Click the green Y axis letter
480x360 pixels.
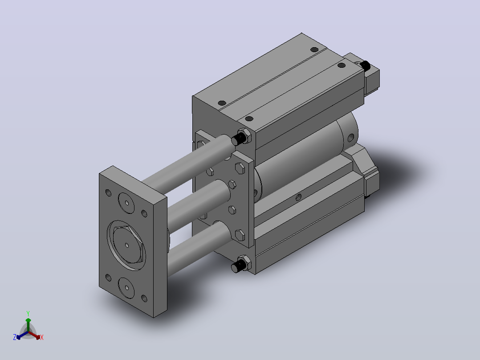[28, 313]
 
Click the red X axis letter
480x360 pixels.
[42, 337]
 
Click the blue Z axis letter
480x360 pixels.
[15, 337]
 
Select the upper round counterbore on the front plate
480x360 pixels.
[126, 203]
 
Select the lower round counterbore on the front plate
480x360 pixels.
[126, 288]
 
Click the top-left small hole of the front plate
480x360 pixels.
[108, 193]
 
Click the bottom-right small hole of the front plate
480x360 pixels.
[144, 298]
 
